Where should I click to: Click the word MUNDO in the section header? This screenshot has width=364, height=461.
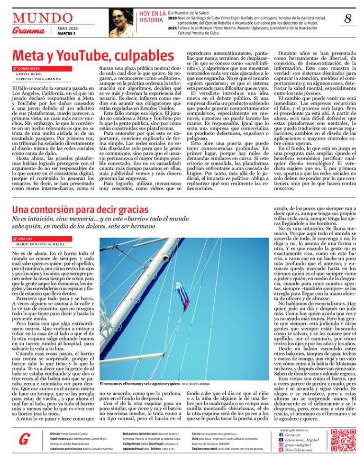click(43, 18)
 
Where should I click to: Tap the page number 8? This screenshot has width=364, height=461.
click(348, 19)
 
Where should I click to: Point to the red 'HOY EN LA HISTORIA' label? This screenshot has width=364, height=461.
click(152, 17)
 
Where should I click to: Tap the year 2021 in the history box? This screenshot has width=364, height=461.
click(173, 29)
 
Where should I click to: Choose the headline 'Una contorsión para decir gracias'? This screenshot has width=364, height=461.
click(81, 209)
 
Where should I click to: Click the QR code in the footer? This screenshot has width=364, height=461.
click(343, 440)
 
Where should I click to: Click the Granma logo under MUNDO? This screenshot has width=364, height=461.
click(29, 31)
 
